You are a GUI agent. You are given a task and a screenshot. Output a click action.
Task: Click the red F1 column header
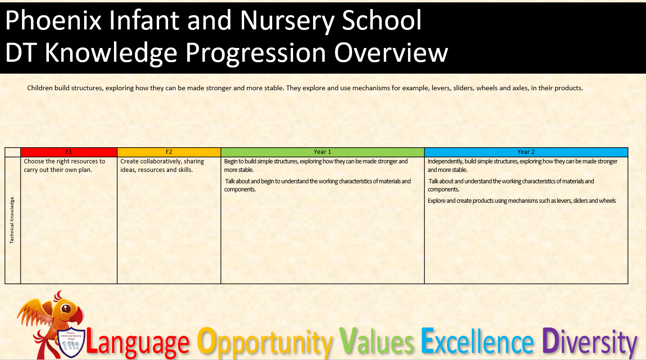coord(68,152)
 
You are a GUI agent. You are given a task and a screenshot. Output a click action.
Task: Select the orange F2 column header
coord(169,152)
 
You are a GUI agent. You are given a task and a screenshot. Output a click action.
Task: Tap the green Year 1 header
coord(323,152)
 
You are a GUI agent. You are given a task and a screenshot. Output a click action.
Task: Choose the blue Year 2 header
coord(526,152)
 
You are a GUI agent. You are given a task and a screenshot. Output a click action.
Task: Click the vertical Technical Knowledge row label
coord(12,220)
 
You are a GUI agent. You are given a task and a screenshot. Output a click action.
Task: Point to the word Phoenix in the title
coord(54,20)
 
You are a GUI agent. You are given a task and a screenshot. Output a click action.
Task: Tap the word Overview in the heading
coord(391,53)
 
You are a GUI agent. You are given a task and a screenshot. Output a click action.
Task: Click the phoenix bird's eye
coord(66,308)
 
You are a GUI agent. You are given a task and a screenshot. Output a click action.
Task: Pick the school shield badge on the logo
coord(71,342)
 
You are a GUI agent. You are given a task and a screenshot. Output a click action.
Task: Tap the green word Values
coord(376,341)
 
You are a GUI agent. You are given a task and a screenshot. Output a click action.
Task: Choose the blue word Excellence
coord(477,341)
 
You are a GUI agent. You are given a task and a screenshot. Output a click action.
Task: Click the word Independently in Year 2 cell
coord(445,162)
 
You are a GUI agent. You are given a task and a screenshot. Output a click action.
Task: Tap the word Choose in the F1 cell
coord(34,161)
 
